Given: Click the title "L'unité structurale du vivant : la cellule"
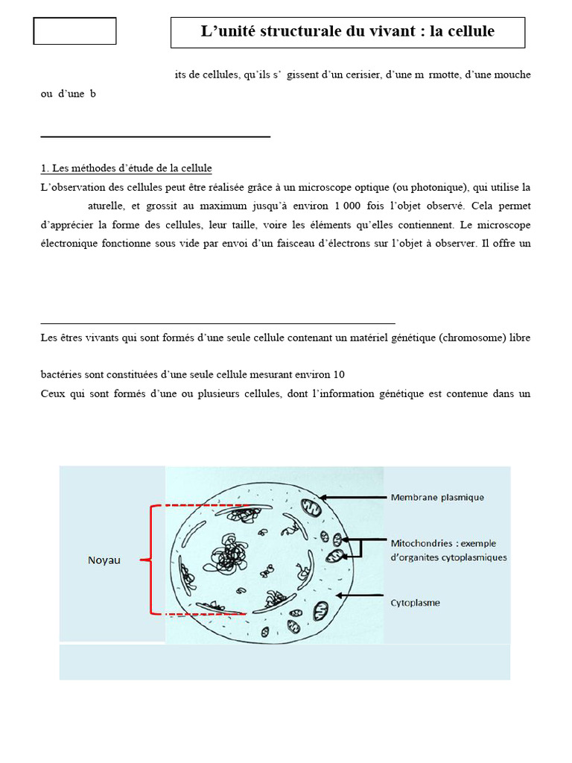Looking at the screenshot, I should tap(348, 32).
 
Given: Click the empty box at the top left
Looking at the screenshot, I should tap(74, 31).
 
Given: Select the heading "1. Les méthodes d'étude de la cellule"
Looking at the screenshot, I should tap(126, 168).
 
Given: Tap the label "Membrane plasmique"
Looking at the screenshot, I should tap(437, 497).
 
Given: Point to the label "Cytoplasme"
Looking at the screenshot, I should tap(415, 603).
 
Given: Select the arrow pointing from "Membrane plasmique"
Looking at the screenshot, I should tap(355, 497).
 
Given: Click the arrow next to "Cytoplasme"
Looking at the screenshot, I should tap(361, 595).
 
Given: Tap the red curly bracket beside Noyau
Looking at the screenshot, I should tap(153, 560).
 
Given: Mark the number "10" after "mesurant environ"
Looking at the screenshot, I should tap(339, 374).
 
